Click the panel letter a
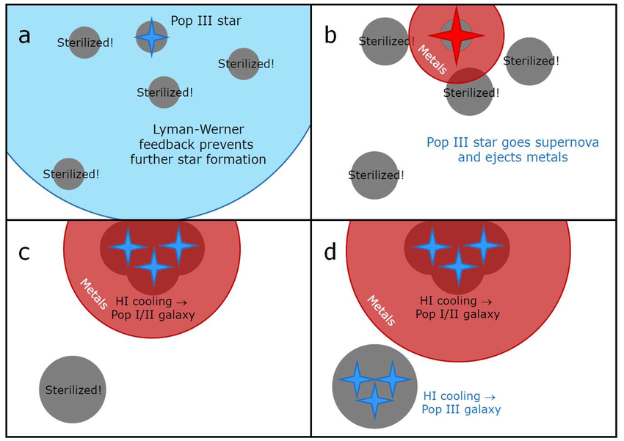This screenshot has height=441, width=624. pyautogui.click(x=25, y=34)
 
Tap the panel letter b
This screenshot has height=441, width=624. pyautogui.click(x=330, y=34)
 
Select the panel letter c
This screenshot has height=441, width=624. pyautogui.click(x=24, y=252)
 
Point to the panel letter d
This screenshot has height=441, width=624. pyautogui.click(x=330, y=252)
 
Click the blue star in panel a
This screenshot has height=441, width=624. pyautogui.click(x=151, y=36)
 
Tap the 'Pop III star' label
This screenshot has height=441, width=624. pyautogui.click(x=206, y=21)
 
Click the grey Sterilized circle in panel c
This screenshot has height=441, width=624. pyautogui.click(x=73, y=390)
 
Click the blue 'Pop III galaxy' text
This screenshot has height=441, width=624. pyautogui.click(x=461, y=402)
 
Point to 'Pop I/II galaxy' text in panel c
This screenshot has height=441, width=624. pyautogui.click(x=153, y=307)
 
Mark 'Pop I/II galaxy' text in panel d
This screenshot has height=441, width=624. pyautogui.click(x=457, y=307)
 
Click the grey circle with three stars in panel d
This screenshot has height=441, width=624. pyautogui.click(x=374, y=386)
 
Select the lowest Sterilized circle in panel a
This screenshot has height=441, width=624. pyautogui.click(x=69, y=174)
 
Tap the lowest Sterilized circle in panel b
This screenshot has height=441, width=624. pyautogui.click(x=374, y=175)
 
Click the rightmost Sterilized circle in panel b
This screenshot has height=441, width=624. pyautogui.click(x=529, y=61)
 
